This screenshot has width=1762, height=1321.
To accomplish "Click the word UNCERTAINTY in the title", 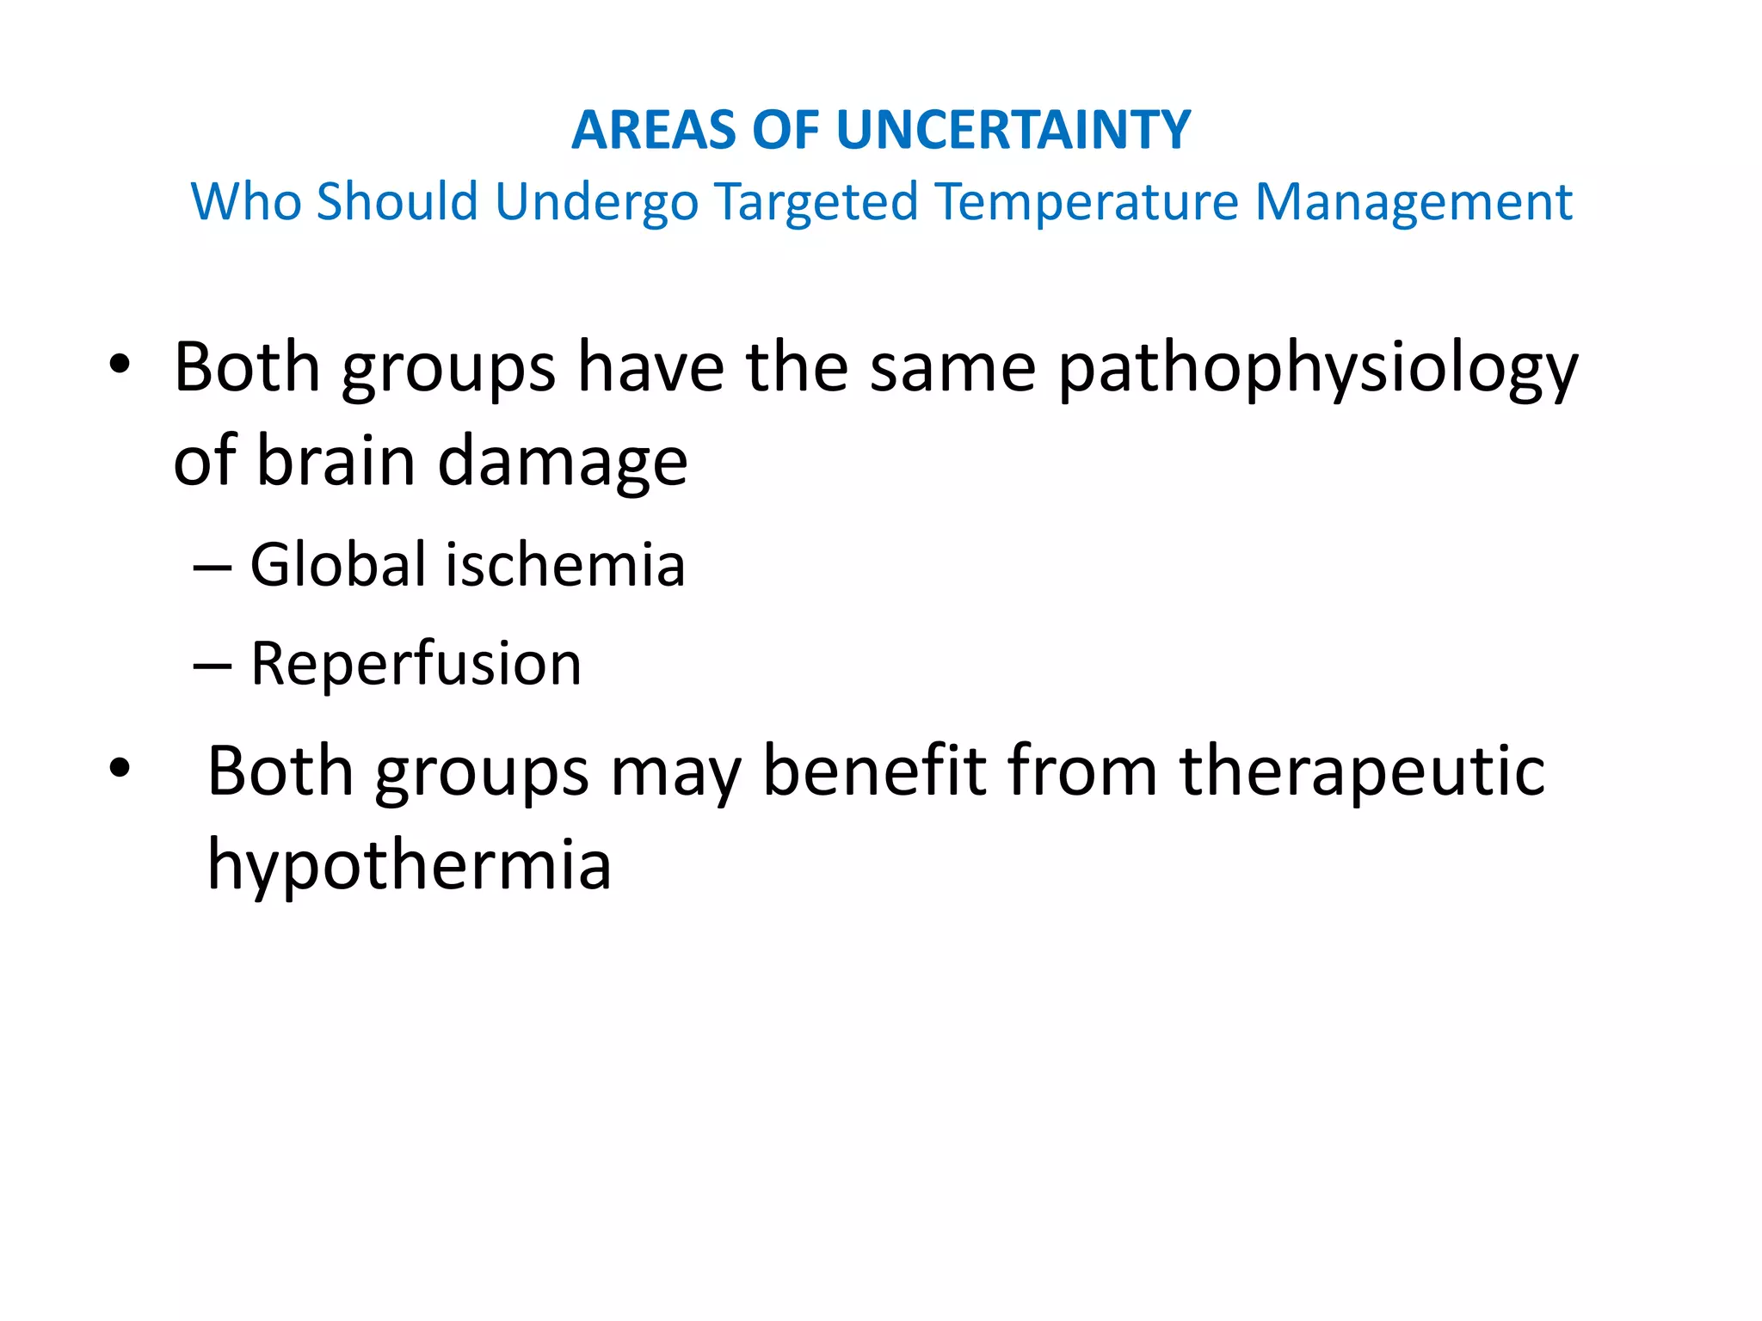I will (x=1013, y=130).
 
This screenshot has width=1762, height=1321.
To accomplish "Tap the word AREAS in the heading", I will (x=653, y=130).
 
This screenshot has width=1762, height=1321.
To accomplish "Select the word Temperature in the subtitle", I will (x=1087, y=202).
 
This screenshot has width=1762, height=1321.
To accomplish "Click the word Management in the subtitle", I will (x=1414, y=202).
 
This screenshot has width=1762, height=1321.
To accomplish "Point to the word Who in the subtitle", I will (x=245, y=202).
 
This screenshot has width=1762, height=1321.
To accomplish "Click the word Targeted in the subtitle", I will (x=816, y=202).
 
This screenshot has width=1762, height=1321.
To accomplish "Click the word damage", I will (x=563, y=463).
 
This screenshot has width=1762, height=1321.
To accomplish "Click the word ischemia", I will (x=564, y=565).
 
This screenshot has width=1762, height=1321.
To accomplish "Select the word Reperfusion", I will (x=416, y=664).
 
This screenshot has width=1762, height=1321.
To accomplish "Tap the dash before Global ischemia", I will (x=212, y=569).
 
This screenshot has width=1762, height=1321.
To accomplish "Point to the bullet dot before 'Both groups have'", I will (x=120, y=367).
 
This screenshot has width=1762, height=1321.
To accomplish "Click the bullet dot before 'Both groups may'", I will (x=120, y=770).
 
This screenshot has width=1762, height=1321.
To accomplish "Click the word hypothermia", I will (x=410, y=865).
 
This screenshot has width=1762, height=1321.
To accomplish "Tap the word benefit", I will (x=874, y=771).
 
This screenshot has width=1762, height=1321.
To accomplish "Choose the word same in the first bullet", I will (x=952, y=368).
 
